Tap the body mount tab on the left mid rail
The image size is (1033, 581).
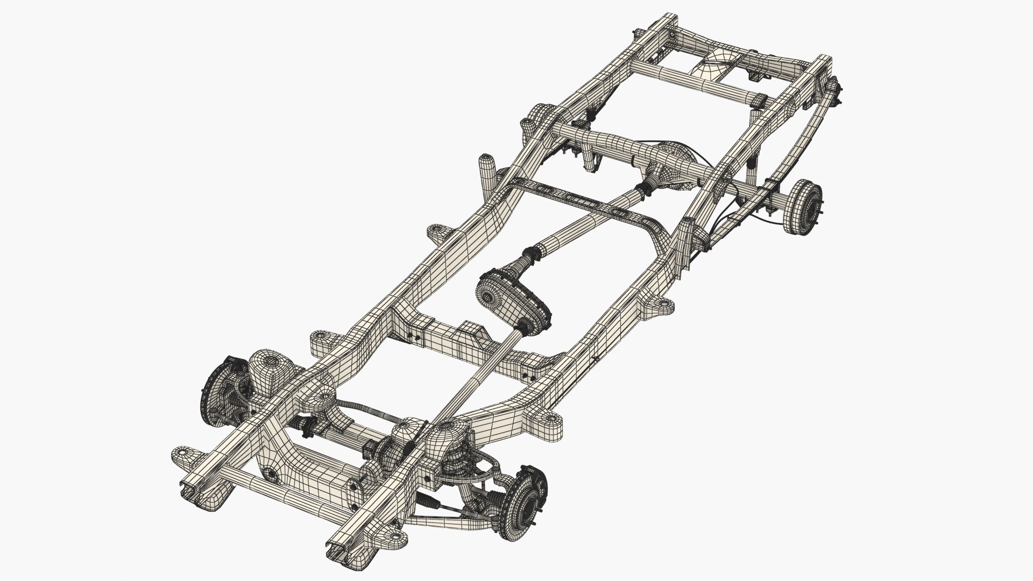441,235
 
